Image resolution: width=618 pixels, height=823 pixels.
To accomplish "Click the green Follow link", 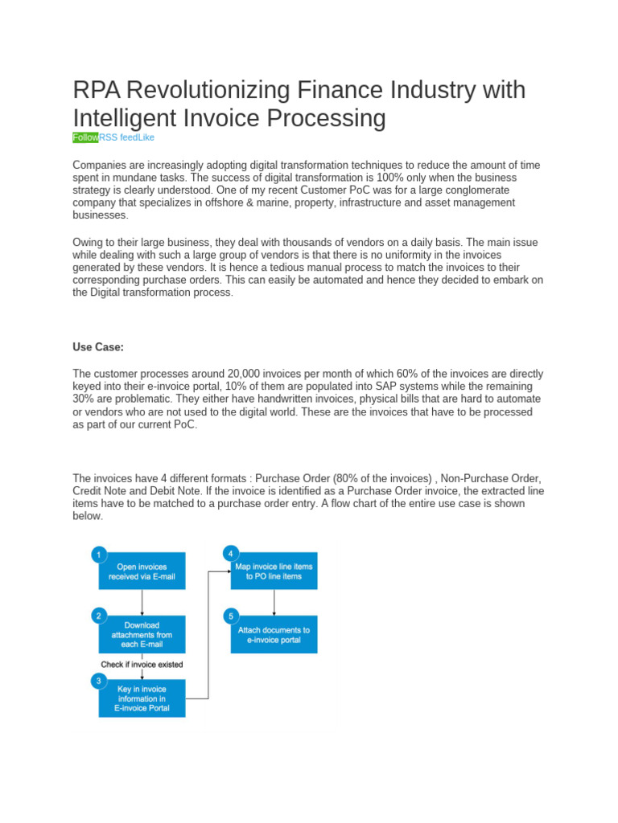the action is point(85,137).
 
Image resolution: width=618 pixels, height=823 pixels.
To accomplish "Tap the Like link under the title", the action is point(146,137).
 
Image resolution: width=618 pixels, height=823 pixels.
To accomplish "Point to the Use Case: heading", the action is point(98,347).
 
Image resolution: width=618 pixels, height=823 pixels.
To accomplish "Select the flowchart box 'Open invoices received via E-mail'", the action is point(142,571).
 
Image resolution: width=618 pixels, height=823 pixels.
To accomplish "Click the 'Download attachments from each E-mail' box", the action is point(142,635).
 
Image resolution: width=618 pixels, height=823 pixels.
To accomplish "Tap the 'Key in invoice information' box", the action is point(142,698).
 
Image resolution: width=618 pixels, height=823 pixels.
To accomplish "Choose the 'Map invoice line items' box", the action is point(274,571).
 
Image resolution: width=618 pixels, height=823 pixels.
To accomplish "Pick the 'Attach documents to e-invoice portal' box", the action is point(274,635).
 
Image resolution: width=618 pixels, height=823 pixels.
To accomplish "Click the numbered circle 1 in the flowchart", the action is point(98,554).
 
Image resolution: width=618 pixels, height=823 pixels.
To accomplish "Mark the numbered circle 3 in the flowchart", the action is point(98,680).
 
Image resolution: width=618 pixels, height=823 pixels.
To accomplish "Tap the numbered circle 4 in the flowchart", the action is point(230,554).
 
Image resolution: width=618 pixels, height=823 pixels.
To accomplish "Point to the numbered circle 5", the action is point(230,616).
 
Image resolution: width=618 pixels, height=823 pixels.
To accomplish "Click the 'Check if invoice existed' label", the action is point(142,665).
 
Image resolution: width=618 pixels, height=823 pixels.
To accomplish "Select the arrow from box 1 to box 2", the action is point(142,603).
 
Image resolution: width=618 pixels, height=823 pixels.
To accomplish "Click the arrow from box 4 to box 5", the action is point(274,603).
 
